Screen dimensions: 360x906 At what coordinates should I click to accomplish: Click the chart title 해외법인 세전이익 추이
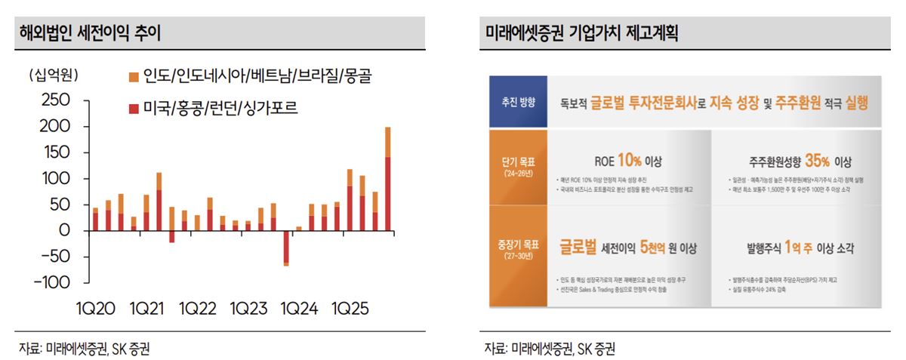click(x=90, y=33)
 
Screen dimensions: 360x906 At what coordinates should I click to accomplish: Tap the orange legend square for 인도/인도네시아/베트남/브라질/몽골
click(x=134, y=76)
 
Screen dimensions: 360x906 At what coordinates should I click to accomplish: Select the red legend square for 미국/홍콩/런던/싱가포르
click(x=134, y=109)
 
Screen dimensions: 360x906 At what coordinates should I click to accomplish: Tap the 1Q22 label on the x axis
click(x=199, y=309)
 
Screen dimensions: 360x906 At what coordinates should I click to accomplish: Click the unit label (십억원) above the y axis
click(x=54, y=75)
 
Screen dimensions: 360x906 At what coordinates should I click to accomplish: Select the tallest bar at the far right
click(x=388, y=181)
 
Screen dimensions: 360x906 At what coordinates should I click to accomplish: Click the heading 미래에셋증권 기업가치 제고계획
click(x=581, y=33)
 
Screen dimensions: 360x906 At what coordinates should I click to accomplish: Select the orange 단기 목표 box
click(x=518, y=166)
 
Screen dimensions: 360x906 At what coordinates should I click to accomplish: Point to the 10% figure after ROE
click(x=628, y=161)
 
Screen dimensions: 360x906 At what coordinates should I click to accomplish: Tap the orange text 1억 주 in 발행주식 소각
click(x=800, y=247)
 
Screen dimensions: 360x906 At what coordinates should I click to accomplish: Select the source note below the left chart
click(x=79, y=349)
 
